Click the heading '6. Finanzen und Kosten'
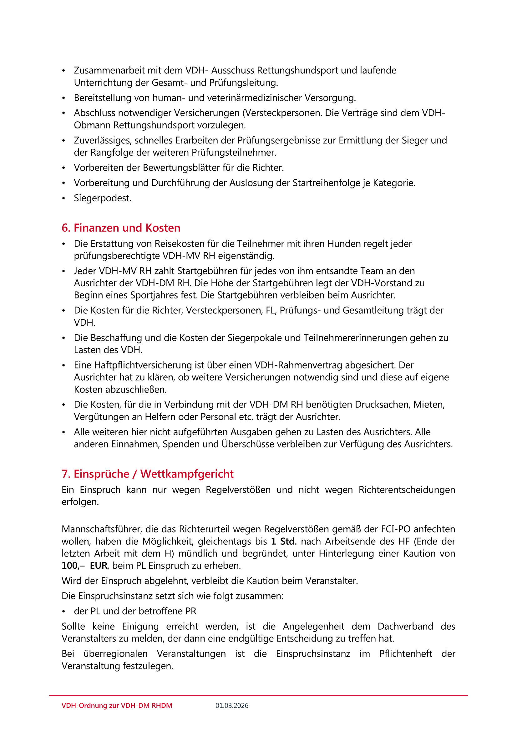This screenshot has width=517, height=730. click(x=121, y=228)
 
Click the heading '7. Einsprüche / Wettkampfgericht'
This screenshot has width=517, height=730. click(x=147, y=474)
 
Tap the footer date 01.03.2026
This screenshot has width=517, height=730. click(x=232, y=706)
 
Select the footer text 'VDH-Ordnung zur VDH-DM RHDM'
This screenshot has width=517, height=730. click(x=117, y=706)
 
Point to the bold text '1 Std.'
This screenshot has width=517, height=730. click(x=284, y=541)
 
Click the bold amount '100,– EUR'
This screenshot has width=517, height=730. click(x=84, y=566)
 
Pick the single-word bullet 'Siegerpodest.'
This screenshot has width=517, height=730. click(x=103, y=198)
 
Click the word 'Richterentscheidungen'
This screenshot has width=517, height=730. click(x=407, y=490)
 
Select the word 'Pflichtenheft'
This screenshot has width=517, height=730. click(x=406, y=654)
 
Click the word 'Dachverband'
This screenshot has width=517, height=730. click(x=405, y=626)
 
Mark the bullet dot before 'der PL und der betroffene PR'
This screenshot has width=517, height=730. click(x=64, y=611)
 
